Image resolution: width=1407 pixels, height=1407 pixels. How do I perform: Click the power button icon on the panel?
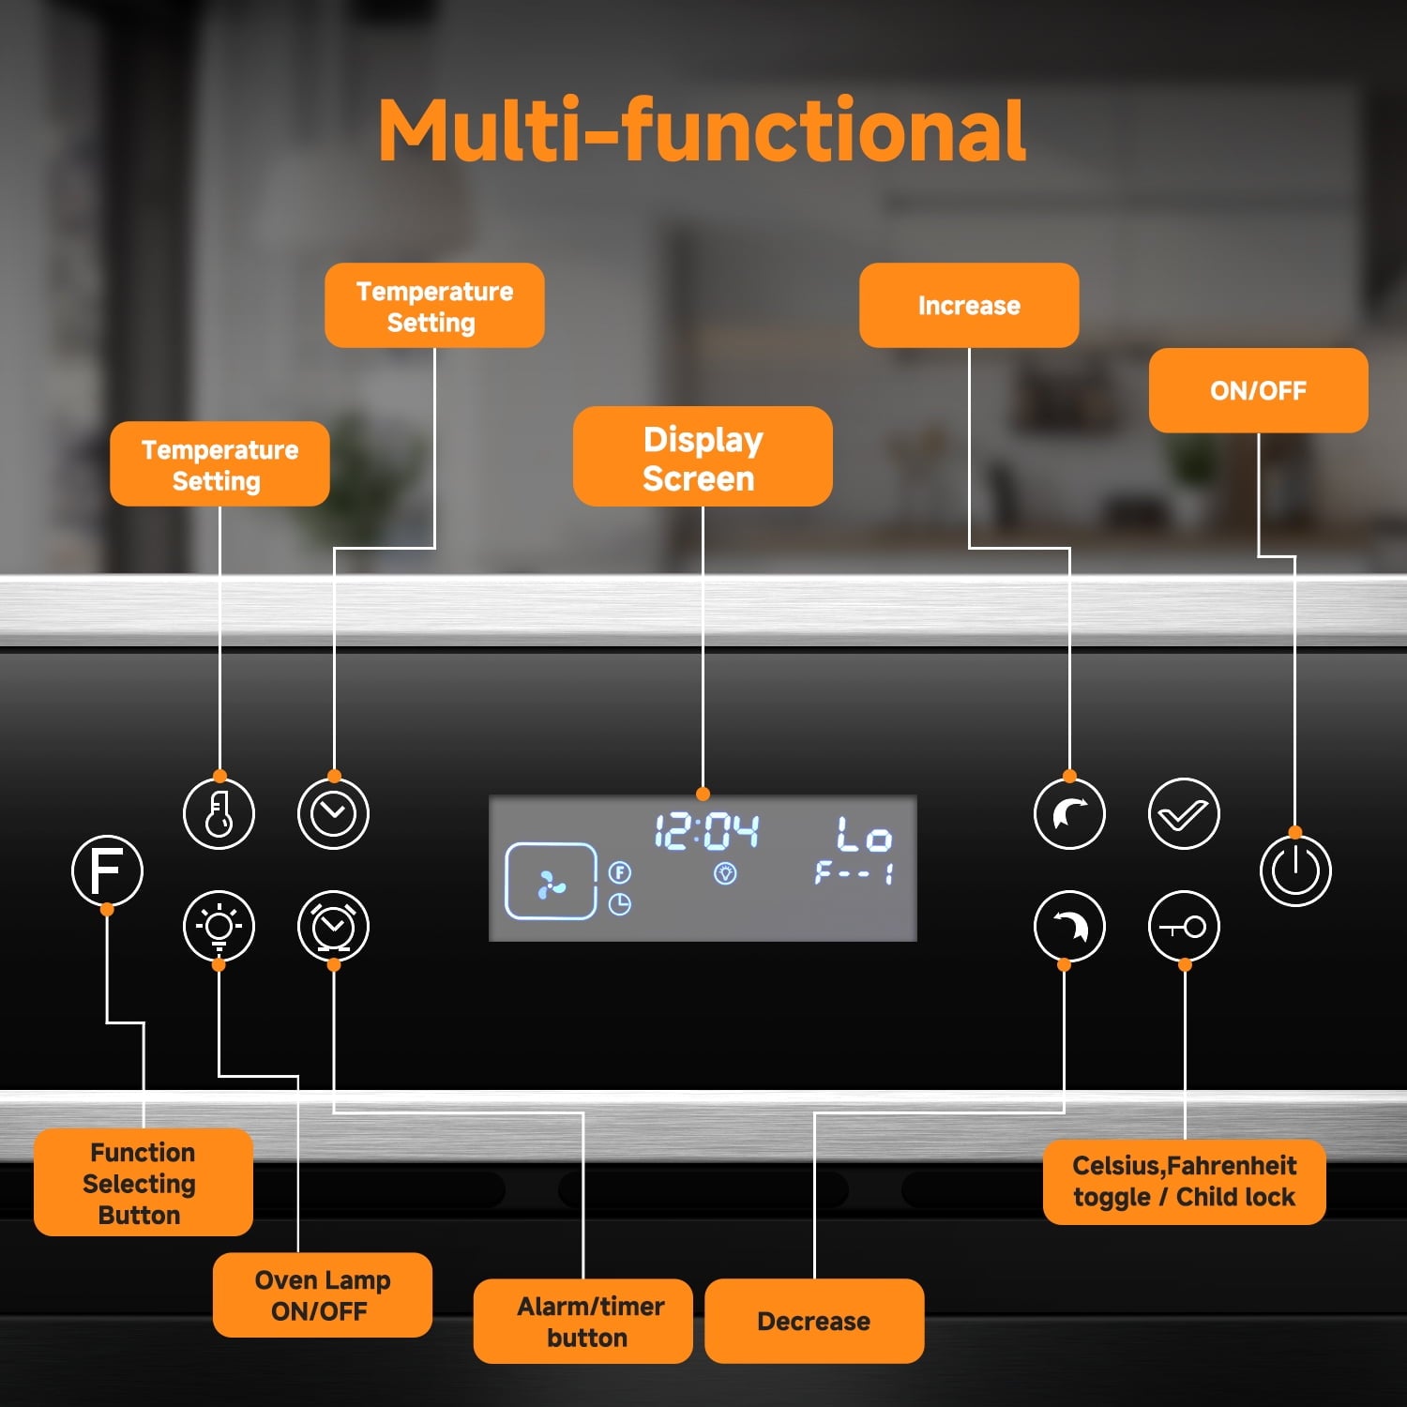point(1295,870)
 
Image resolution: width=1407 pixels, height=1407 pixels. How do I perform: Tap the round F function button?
point(107,870)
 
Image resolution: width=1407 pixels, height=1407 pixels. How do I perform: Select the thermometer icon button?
point(219,813)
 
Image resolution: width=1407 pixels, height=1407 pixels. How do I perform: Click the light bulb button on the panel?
point(219,927)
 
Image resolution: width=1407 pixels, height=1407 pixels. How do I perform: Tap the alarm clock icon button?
point(333,927)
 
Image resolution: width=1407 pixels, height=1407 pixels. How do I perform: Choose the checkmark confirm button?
point(1184,813)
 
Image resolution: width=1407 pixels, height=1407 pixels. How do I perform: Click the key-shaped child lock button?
point(1184,927)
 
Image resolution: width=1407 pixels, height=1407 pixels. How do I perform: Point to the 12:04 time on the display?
point(705,831)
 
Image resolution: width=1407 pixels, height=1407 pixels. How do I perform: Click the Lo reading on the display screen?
point(863,833)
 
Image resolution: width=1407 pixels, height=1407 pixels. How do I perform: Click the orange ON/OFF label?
point(1258,390)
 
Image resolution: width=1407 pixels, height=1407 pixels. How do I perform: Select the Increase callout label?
point(969,305)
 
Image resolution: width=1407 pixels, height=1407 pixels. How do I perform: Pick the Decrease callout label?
point(813,1321)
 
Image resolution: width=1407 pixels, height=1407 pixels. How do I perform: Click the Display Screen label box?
point(703,457)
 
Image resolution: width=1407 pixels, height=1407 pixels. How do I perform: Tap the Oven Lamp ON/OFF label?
point(322,1294)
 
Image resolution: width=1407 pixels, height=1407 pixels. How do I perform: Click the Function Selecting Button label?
point(143,1182)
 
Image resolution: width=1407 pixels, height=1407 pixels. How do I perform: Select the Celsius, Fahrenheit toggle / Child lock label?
point(1184,1181)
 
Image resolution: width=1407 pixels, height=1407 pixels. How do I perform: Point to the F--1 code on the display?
point(854,874)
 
